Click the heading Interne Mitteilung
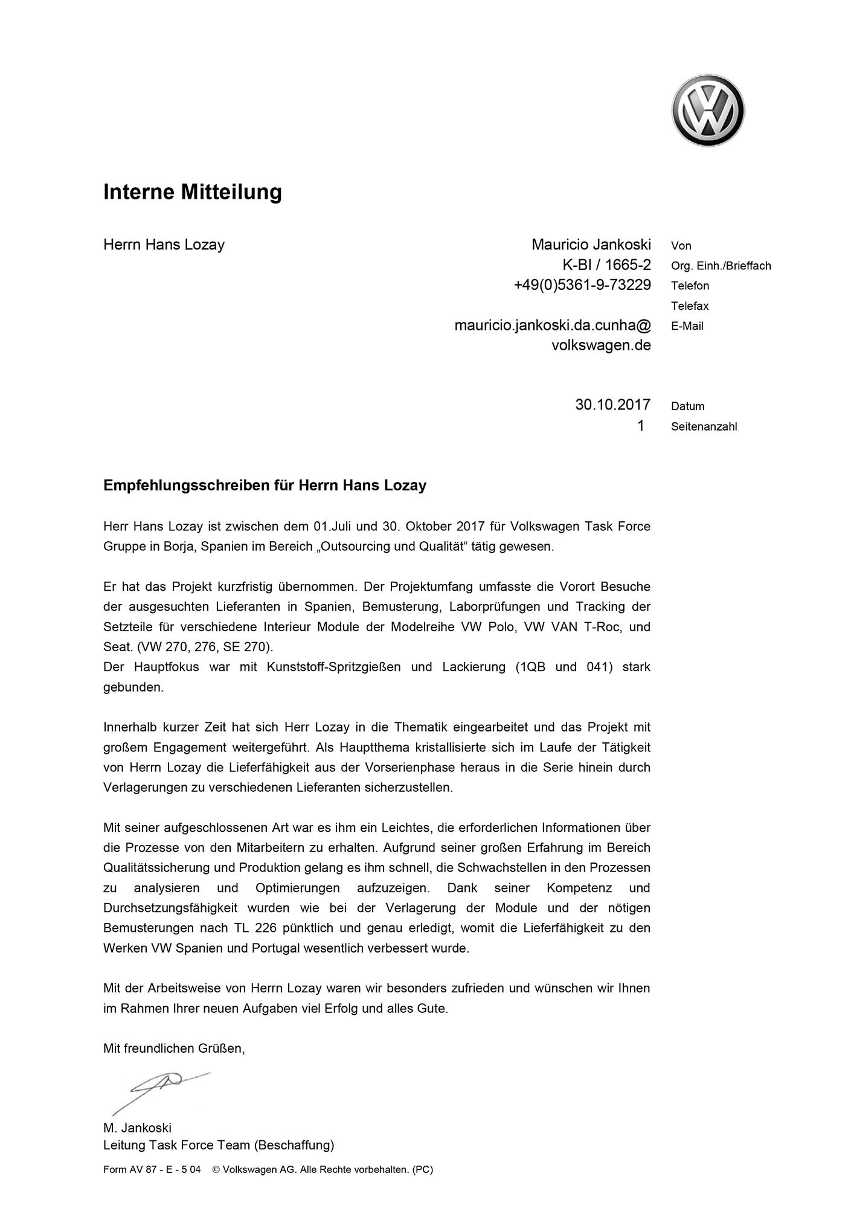tap(193, 192)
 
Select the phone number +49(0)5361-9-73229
tap(582, 285)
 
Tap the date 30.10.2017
tap(612, 405)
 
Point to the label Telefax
tap(690, 306)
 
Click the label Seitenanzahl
tap(704, 427)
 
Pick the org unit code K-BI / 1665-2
tap(606, 265)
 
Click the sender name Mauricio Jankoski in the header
tap(591, 245)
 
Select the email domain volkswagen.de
tap(601, 345)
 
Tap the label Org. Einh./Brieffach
tap(721, 266)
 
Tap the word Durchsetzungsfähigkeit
tap(170, 908)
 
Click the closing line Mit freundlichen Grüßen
tap(174, 1049)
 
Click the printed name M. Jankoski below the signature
tap(137, 1128)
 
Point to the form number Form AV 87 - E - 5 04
tap(152, 1169)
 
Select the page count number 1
tap(640, 426)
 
